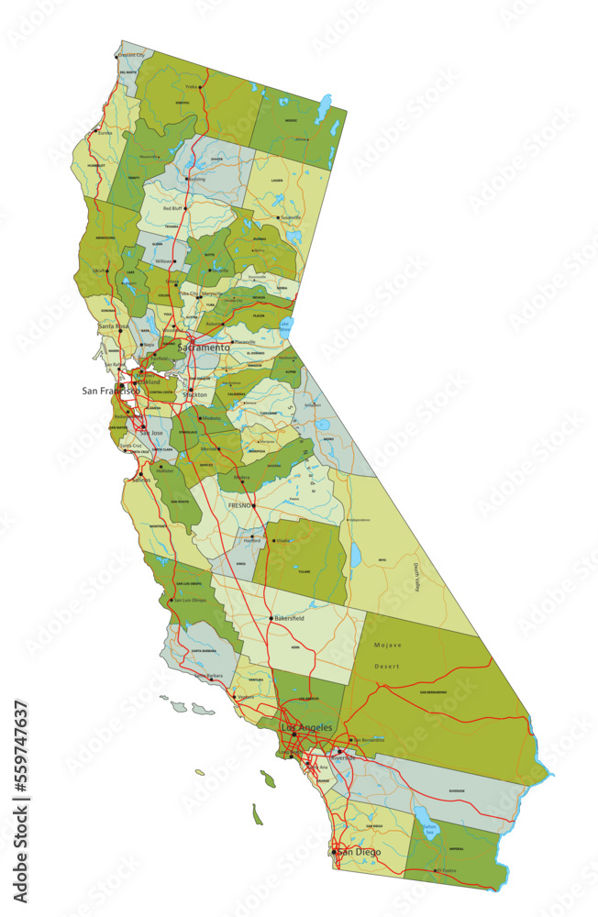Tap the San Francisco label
[x=110, y=391]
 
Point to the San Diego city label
[x=358, y=852]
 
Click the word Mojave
[x=387, y=646]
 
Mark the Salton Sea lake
[x=425, y=819]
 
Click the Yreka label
[x=192, y=87]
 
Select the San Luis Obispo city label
[x=191, y=601]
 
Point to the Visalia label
[x=282, y=541]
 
